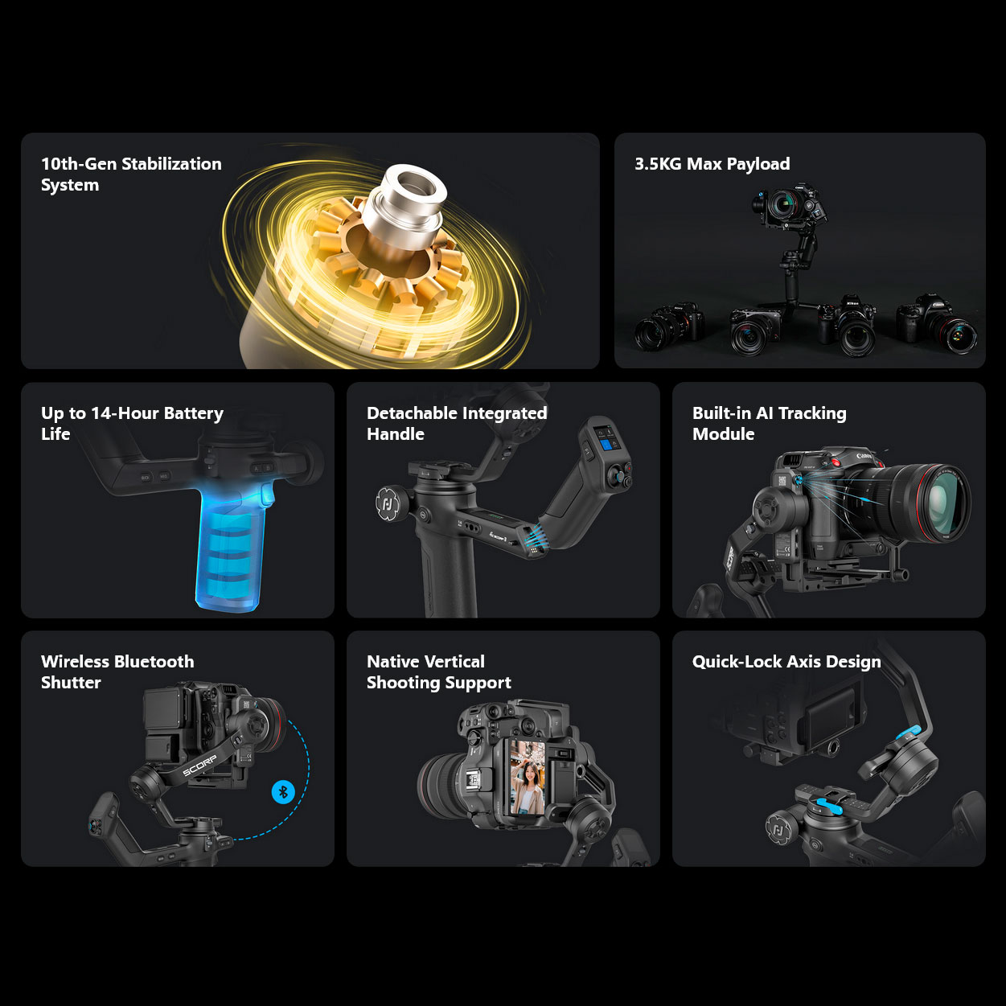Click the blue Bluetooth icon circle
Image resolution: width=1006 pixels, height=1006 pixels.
pyautogui.click(x=284, y=791)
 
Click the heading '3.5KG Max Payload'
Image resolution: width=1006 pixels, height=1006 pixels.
pyautogui.click(x=712, y=164)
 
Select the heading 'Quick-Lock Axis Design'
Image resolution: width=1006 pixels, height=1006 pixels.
pyautogui.click(x=786, y=662)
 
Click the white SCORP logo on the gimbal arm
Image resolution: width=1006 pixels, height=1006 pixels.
pyautogui.click(x=199, y=766)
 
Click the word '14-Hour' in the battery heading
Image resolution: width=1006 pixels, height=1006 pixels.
pyautogui.click(x=125, y=413)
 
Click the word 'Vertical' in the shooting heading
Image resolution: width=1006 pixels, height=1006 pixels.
pyautogui.click(x=451, y=662)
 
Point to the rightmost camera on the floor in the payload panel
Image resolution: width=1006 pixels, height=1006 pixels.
pyautogui.click(x=937, y=324)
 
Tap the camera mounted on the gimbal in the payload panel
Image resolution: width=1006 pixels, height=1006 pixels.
pyautogui.click(x=788, y=204)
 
